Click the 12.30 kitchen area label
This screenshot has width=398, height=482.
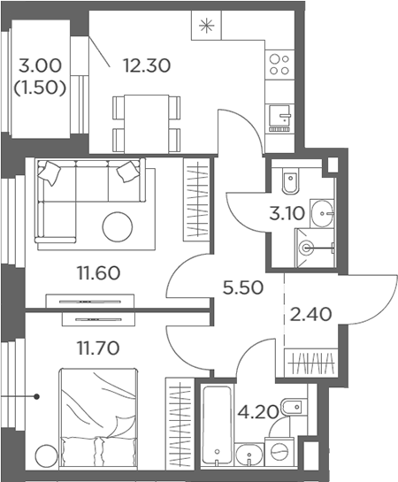pos(147,65)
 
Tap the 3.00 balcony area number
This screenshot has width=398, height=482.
pos(40,65)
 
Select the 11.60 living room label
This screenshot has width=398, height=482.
pos(98,273)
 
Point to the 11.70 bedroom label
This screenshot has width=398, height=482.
pos(98,348)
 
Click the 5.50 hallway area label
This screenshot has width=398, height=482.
pos(243,288)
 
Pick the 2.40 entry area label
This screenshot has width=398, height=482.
pos(310,315)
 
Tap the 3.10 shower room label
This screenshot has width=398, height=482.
pos(287,214)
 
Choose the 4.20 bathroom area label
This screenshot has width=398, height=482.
pos(258,412)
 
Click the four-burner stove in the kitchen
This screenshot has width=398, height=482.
pos(279,65)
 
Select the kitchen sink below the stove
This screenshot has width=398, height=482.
pos(279,118)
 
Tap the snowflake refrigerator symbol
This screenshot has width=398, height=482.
pos(206,26)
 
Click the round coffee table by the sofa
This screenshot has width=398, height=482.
pos(118,227)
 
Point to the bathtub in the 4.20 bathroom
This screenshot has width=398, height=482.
pos(217,425)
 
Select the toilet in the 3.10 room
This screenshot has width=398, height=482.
pos(290,181)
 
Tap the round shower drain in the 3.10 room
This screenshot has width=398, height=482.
pos(307,248)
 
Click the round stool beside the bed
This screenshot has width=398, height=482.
pos(46,455)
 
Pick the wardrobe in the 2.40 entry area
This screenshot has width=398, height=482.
pos(311,363)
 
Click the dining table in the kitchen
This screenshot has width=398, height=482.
pos(146,124)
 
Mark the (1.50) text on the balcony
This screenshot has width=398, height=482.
pos(40,88)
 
